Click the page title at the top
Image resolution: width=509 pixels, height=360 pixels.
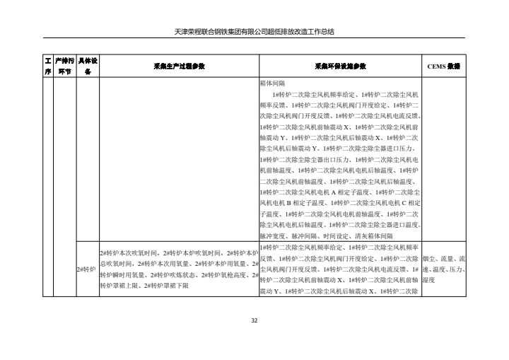254,31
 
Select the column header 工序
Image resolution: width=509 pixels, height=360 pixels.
48,66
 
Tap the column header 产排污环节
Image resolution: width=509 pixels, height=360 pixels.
64,66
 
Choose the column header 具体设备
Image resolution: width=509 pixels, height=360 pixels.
88,66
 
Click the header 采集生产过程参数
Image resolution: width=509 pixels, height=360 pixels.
179,66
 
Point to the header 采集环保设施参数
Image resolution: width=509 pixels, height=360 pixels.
340,66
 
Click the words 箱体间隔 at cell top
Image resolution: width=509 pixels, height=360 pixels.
272,83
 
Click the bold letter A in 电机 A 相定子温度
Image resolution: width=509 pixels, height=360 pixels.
332,192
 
